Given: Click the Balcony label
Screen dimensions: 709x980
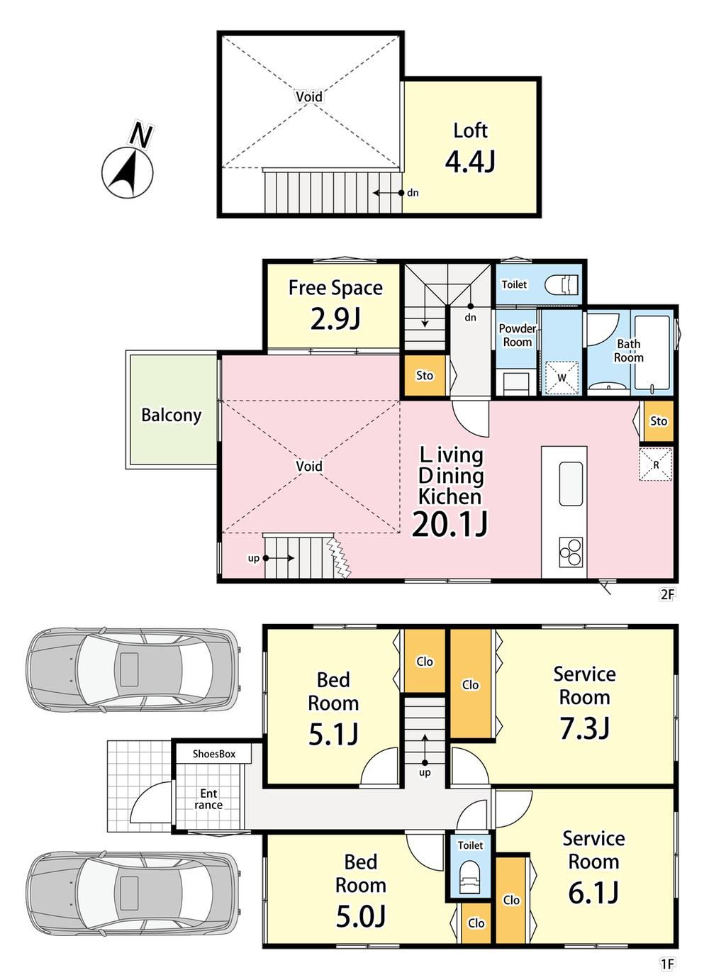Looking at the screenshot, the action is [172, 415].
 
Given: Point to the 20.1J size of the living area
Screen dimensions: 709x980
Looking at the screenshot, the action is [450, 524].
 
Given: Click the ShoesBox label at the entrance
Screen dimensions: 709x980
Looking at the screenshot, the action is [214, 753].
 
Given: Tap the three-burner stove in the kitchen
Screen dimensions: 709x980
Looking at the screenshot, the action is [571, 552].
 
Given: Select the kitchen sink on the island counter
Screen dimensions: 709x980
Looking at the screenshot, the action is [571, 484].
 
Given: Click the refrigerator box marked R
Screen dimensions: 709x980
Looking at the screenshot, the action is [656, 464].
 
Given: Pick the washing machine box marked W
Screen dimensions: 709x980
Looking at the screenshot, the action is [562, 377].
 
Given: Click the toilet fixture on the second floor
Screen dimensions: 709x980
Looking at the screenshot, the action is [562, 285].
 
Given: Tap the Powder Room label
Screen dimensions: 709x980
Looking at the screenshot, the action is [518, 335].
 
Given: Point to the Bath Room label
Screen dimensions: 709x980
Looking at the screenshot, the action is [628, 350].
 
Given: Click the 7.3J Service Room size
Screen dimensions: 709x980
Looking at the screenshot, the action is [585, 728].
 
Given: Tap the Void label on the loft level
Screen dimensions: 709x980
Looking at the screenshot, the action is [309, 96].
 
